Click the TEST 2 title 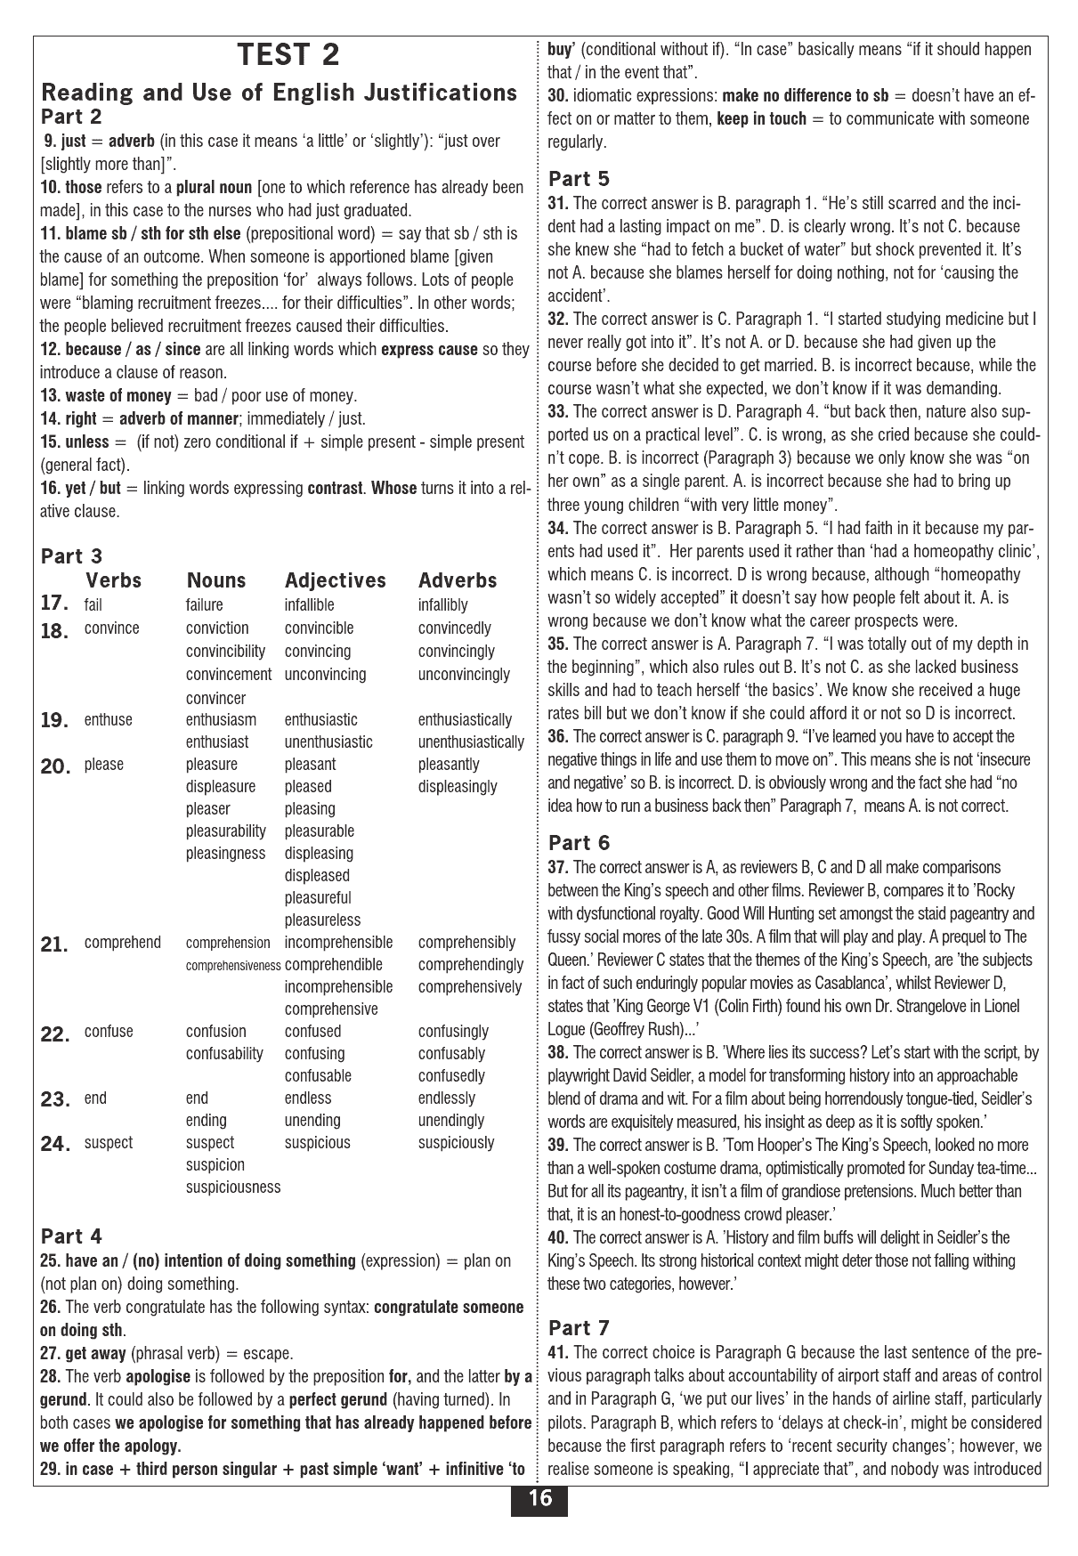288,55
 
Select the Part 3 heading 72,556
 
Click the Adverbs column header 458,580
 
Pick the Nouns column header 216,580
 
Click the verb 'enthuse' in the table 109,719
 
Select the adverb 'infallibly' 442,605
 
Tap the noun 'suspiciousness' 233,1187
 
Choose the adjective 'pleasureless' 323,920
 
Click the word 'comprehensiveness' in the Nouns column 233,965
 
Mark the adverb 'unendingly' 451,1120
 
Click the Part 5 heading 579,179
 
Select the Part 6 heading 579,842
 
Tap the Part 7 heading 579,1328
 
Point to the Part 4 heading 72,1236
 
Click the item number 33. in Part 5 558,411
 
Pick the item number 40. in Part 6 558,1237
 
